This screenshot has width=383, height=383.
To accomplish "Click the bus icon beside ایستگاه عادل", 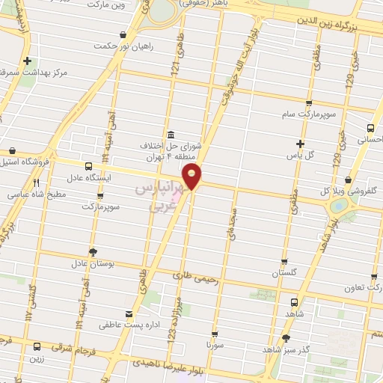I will pyautogui.click(x=88, y=166).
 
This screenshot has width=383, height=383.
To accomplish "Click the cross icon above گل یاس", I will pyautogui.click(x=301, y=144).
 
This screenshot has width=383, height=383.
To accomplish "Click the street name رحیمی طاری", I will pyautogui.click(x=198, y=280).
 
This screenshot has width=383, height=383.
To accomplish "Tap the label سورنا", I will pyautogui.click(x=215, y=346).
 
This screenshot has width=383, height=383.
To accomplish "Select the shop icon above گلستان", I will pyautogui.click(x=285, y=263).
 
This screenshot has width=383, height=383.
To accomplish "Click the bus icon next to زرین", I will pyautogui.click(x=37, y=346).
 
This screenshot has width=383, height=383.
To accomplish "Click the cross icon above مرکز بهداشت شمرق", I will pyautogui.click(x=28, y=61).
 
